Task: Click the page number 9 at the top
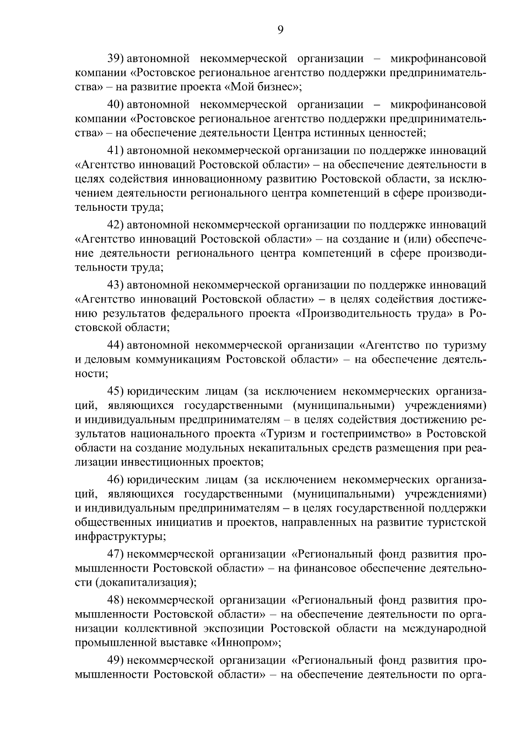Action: click(x=280, y=30)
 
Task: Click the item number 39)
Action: click(x=117, y=58)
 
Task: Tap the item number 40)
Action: click(x=117, y=105)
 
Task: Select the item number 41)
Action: click(x=117, y=151)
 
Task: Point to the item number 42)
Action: click(x=117, y=225)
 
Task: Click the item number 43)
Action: click(x=117, y=285)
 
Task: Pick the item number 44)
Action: click(x=117, y=346)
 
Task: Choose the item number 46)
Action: click(x=117, y=480)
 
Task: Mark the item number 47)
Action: click(x=117, y=554)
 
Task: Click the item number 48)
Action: click(x=117, y=600)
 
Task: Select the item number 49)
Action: click(x=117, y=661)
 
